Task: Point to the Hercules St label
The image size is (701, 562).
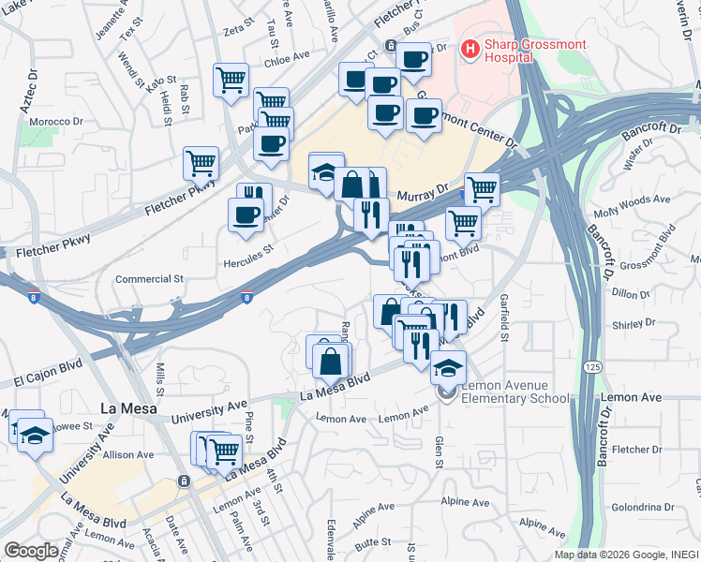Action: pos(247,249)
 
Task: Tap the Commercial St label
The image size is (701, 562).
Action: pos(148,279)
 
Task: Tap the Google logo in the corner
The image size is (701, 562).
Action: pos(31,551)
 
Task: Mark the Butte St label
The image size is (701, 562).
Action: pos(372,542)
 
